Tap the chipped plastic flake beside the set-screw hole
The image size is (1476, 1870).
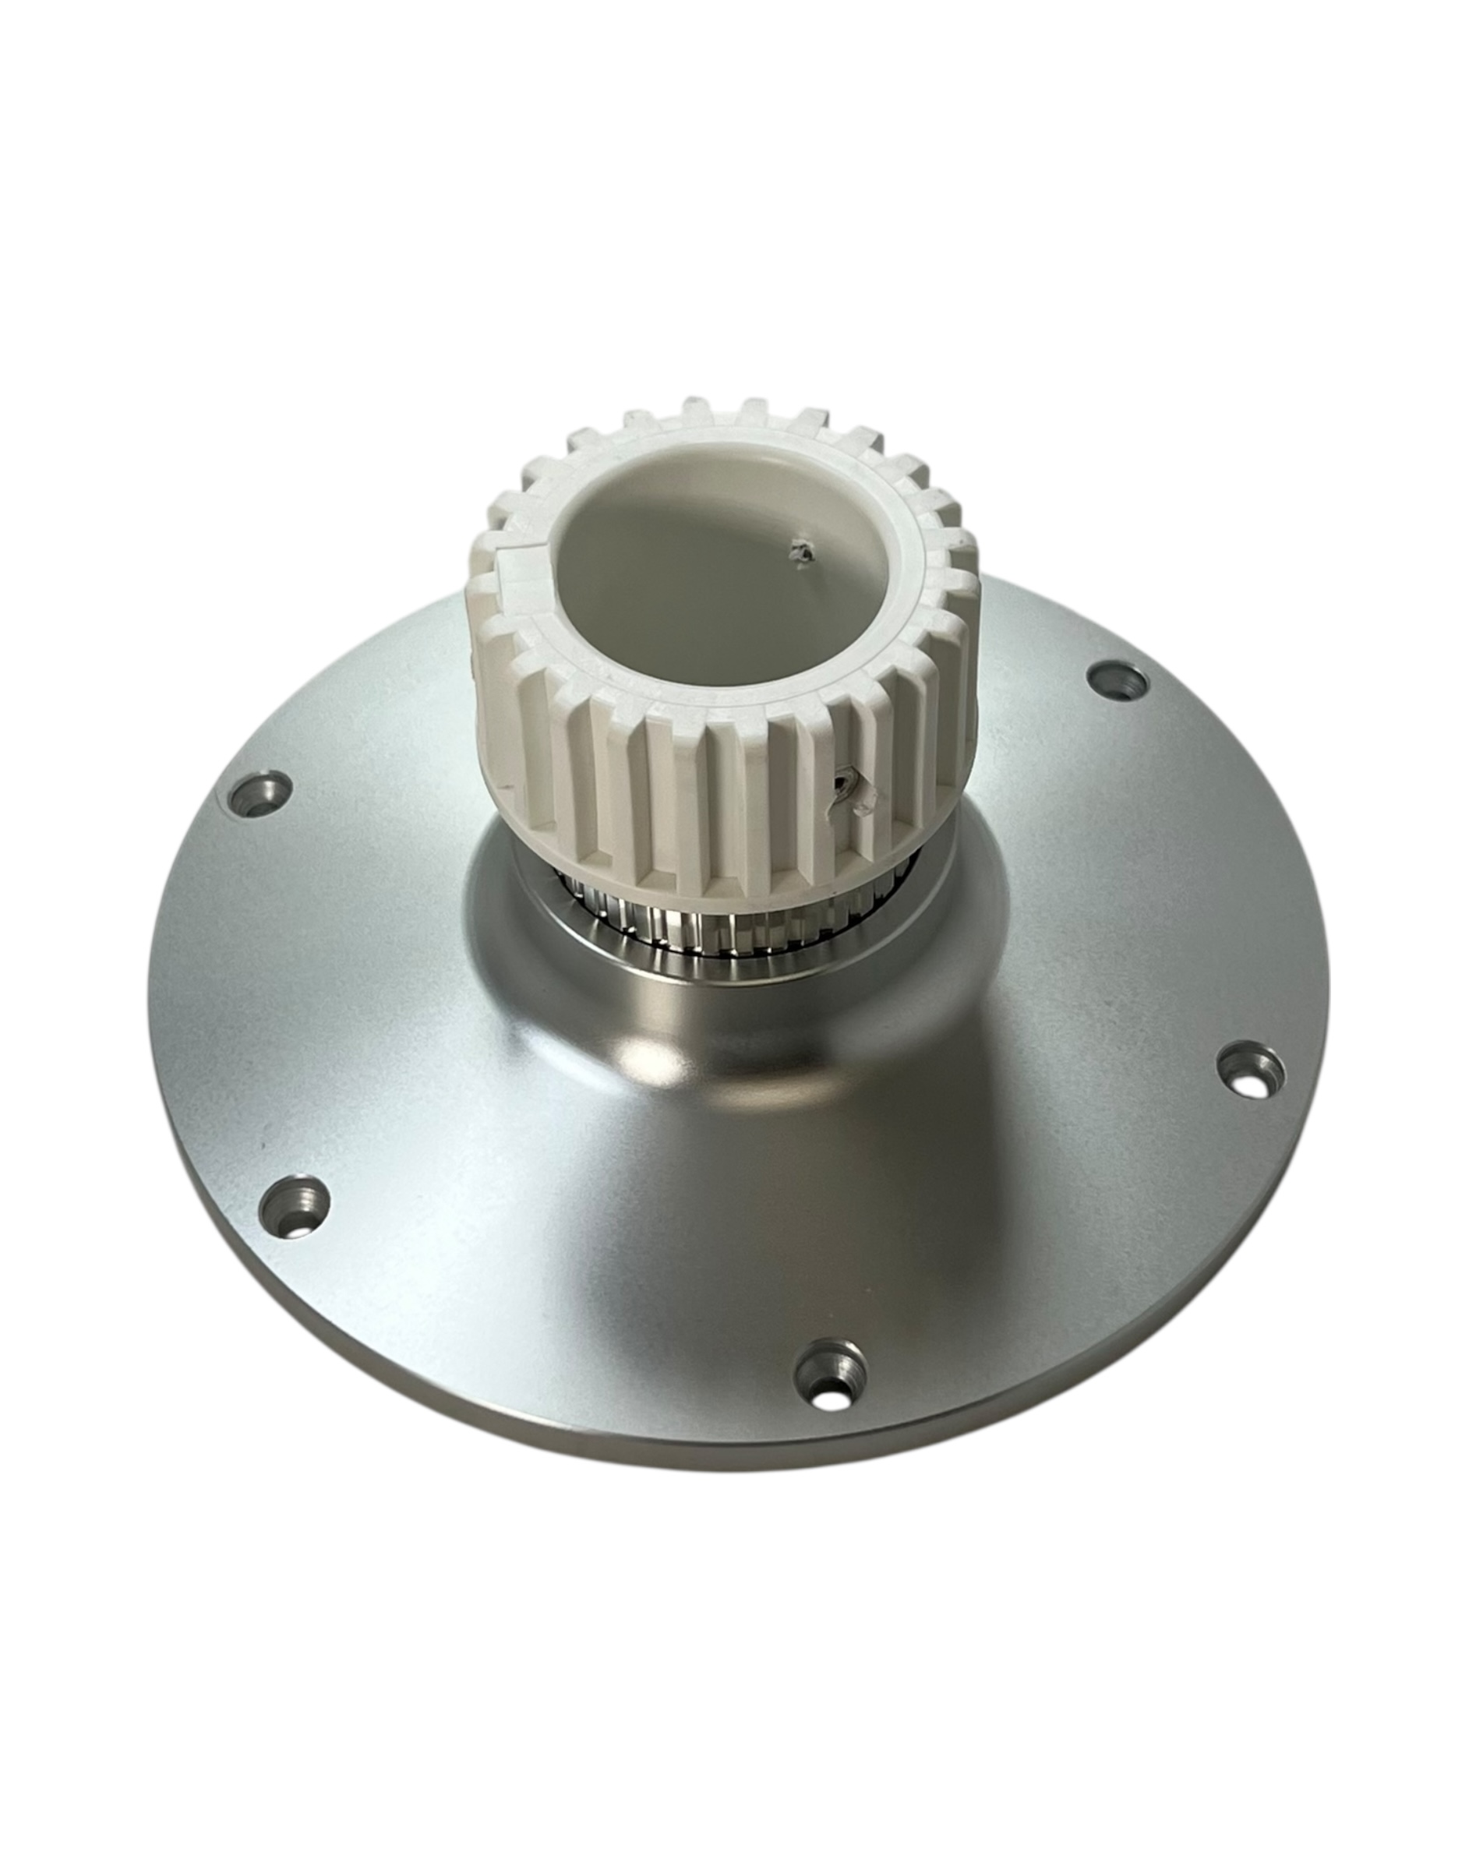click(x=866, y=801)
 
